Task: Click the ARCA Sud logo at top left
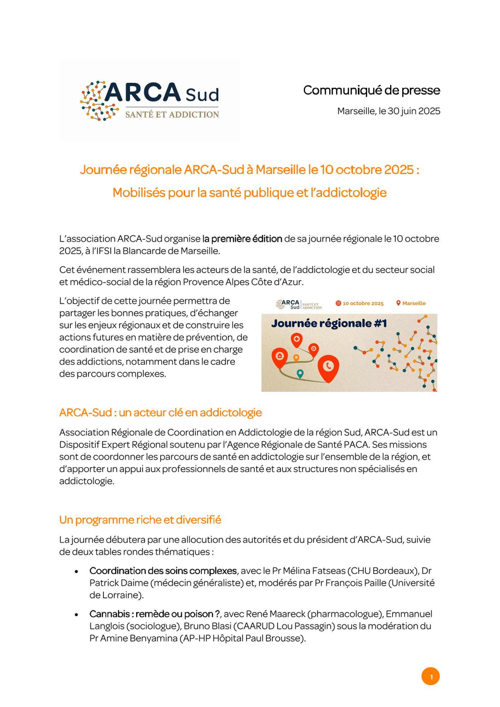click(149, 101)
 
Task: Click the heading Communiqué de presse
click(371, 90)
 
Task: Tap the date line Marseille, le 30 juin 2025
click(388, 111)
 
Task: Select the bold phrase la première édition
click(242, 239)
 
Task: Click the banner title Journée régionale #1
click(329, 323)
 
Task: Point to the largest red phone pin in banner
click(328, 367)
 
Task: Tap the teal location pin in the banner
click(300, 373)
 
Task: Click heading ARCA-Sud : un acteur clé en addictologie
click(160, 413)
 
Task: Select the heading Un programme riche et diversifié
click(140, 520)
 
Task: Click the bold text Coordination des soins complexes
click(163, 571)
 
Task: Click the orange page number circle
click(430, 677)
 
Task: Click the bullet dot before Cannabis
click(76, 615)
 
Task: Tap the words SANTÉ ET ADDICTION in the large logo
click(172, 115)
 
